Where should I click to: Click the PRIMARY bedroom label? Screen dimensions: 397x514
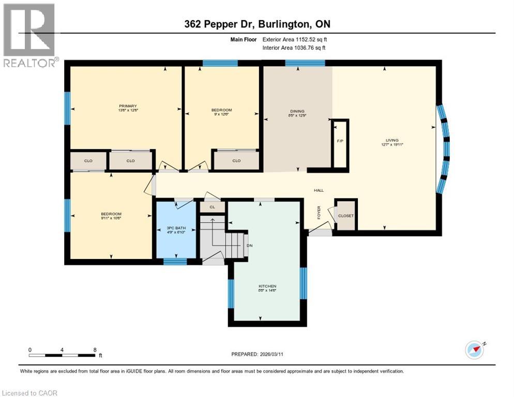(127, 106)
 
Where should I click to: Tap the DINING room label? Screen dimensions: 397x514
(297, 111)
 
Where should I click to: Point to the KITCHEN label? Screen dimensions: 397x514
(267, 286)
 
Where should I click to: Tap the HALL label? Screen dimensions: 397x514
(319, 190)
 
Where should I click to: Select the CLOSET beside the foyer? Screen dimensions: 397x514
(346, 216)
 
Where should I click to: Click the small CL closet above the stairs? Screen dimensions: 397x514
(212, 207)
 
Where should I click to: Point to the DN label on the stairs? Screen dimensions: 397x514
(249, 246)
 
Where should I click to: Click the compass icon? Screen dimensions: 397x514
(475, 350)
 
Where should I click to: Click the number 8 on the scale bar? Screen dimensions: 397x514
(95, 349)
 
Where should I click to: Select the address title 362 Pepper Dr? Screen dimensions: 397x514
(256, 24)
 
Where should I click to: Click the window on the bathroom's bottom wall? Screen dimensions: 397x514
(175, 262)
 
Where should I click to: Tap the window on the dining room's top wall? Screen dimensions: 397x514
(305, 64)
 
